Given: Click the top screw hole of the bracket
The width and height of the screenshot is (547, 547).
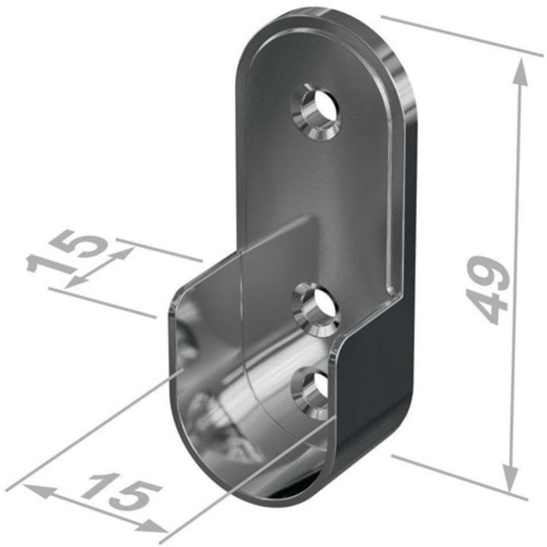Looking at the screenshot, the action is pos(316,111).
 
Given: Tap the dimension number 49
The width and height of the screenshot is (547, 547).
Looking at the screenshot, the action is pos(488,289).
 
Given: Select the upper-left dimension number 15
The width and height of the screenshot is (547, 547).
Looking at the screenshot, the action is pos(65,252).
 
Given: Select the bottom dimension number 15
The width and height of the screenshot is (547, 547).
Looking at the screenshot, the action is pos(121,492).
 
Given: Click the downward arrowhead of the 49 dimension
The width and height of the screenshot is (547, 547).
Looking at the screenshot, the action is pos(510,477).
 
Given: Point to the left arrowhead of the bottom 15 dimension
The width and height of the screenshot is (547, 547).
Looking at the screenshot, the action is pos(39,491).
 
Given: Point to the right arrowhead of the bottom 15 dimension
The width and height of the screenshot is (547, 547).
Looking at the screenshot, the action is pos(150,526).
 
